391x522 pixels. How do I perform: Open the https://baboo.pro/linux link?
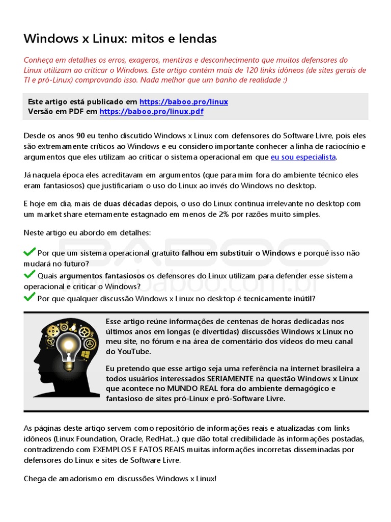[x=184, y=102]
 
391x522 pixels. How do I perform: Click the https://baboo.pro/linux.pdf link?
[x=151, y=112]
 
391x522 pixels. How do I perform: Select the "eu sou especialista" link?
[x=303, y=157]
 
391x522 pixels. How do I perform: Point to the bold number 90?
[x=80, y=136]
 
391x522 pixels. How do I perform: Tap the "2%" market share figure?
[x=224, y=214]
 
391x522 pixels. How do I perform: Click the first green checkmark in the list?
[x=30, y=252]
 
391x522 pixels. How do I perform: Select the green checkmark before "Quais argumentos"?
[x=30, y=275]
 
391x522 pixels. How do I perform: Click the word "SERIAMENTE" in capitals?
[x=231, y=379]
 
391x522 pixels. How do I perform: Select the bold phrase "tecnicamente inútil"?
[x=278, y=299]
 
